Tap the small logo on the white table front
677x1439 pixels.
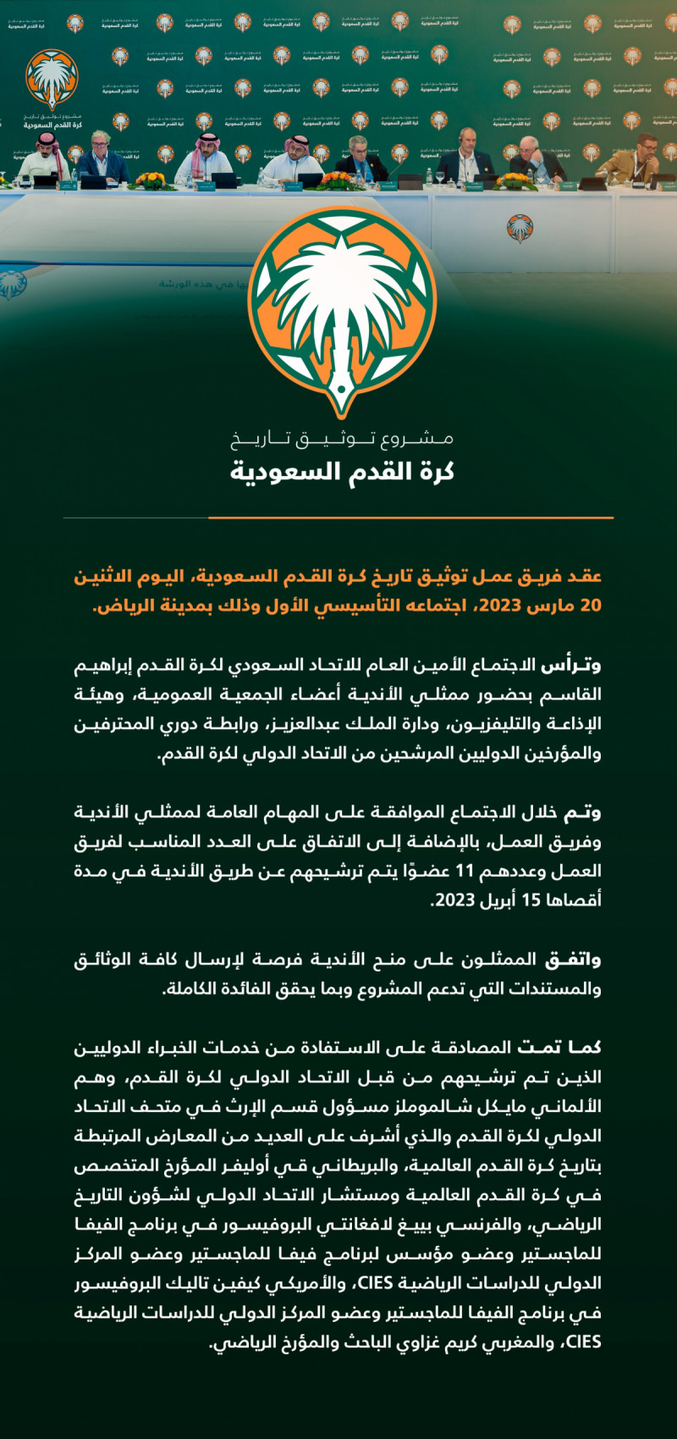[x=520, y=227]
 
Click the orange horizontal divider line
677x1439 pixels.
[x=410, y=517]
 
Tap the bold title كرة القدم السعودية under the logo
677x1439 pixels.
[x=342, y=471]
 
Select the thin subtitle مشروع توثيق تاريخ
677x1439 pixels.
[x=342, y=439]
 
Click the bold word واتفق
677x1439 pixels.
[x=574, y=959]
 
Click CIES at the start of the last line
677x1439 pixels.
[x=583, y=1342]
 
